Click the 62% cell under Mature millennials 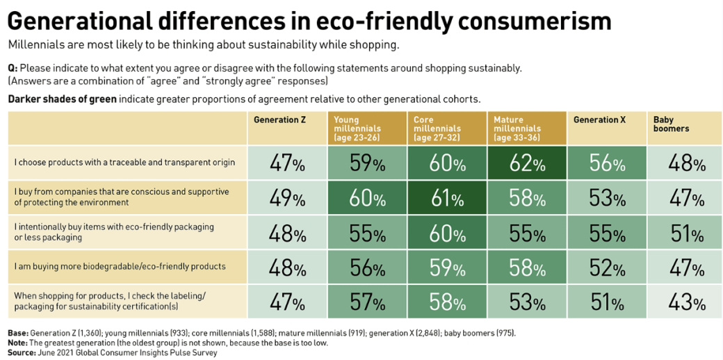tap(526, 163)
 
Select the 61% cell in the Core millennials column tap(447, 198)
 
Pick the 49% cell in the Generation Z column tap(287, 198)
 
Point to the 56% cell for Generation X tap(606, 163)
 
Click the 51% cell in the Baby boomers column tap(686, 233)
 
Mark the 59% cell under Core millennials tap(447, 267)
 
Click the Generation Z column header tap(279, 120)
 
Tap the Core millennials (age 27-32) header tap(437, 129)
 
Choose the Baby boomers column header tap(671, 124)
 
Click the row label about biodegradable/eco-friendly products tap(120, 266)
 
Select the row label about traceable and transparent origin tap(124, 163)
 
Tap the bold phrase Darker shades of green tap(62, 99)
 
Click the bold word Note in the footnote tap(18, 343)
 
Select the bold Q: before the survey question tap(13, 67)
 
